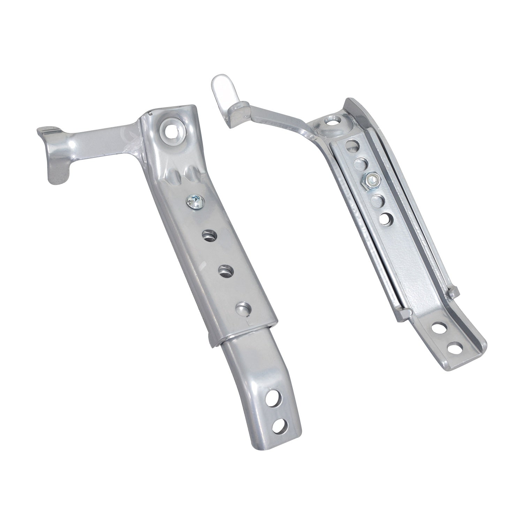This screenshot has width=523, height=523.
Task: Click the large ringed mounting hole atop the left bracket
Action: coord(172,131)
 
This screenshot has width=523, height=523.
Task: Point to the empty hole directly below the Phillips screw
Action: coord(209,235)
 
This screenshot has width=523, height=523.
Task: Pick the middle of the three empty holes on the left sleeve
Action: coord(227,271)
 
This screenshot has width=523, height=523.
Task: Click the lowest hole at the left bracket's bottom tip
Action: coord(282,426)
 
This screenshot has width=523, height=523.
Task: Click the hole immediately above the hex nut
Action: coord(362,162)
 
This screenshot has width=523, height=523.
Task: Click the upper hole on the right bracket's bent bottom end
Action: coord(437,328)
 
